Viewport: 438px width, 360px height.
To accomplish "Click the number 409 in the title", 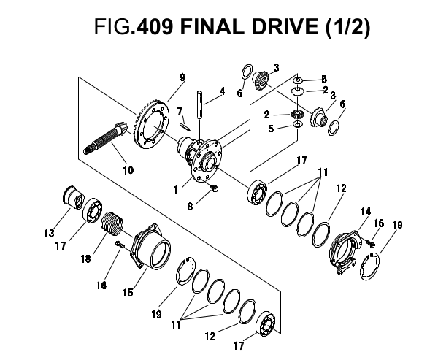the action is click(154, 27).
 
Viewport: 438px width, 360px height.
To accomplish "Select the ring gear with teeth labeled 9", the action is click(152, 125).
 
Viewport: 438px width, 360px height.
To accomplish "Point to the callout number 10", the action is click(128, 170).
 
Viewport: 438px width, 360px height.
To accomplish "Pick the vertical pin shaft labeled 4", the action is click(200, 104).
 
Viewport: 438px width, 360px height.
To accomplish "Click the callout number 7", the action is click(180, 111).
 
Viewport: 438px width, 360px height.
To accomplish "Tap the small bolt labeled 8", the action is click(215, 188).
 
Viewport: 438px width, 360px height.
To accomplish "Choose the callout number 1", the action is click(175, 190).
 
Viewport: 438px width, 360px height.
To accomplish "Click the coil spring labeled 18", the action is click(112, 224).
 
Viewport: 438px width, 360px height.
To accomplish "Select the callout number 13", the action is click(49, 233).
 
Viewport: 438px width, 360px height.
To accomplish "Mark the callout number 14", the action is click(365, 212).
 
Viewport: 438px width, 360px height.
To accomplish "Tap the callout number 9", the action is click(182, 77).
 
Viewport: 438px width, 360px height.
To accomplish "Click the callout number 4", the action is click(222, 91).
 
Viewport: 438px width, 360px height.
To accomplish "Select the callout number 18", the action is click(85, 258).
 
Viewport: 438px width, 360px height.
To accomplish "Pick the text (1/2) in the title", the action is click(347, 28).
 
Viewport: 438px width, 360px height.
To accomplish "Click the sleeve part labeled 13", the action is click(72, 197).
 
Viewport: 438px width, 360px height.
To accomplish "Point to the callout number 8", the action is click(190, 206).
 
